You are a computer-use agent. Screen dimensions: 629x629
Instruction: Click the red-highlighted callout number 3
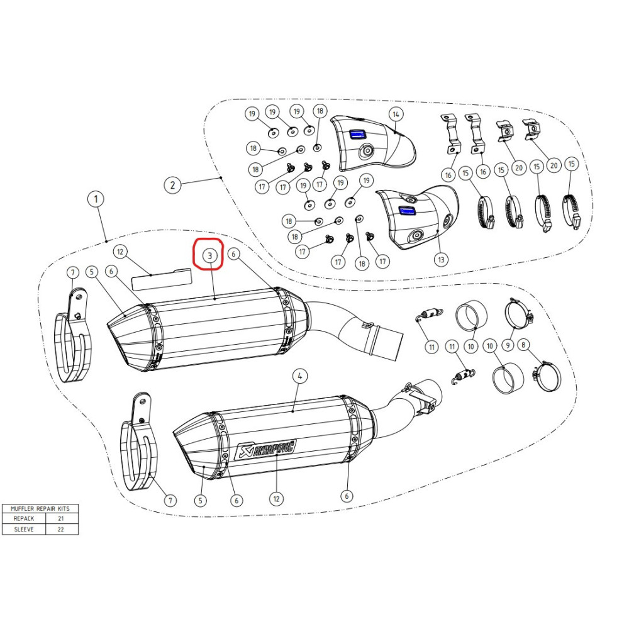(x=210, y=255)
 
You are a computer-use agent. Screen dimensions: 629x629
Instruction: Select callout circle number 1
(x=96, y=199)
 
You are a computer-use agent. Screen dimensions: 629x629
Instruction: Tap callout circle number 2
(x=172, y=185)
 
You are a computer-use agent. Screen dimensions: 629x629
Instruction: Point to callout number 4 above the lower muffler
(x=299, y=376)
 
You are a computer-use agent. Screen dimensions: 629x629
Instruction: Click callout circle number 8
(x=523, y=345)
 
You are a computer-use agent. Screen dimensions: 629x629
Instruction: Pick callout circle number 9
(x=508, y=344)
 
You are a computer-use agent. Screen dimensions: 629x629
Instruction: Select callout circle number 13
(x=441, y=260)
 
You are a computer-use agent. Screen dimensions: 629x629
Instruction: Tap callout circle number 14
(x=396, y=114)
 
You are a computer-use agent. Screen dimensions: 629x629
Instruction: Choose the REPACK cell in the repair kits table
(x=24, y=518)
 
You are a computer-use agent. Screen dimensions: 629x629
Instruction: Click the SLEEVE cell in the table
(x=24, y=529)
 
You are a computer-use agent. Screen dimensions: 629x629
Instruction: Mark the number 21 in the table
(x=61, y=518)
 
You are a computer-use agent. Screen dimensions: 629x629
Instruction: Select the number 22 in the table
(x=61, y=529)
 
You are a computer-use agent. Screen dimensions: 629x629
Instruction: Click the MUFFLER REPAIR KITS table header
(x=40, y=508)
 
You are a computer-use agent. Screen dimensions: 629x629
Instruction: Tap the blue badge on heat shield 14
(x=356, y=134)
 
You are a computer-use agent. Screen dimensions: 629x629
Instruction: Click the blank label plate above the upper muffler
(x=162, y=279)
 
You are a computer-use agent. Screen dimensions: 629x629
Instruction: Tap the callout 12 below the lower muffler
(x=276, y=499)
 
